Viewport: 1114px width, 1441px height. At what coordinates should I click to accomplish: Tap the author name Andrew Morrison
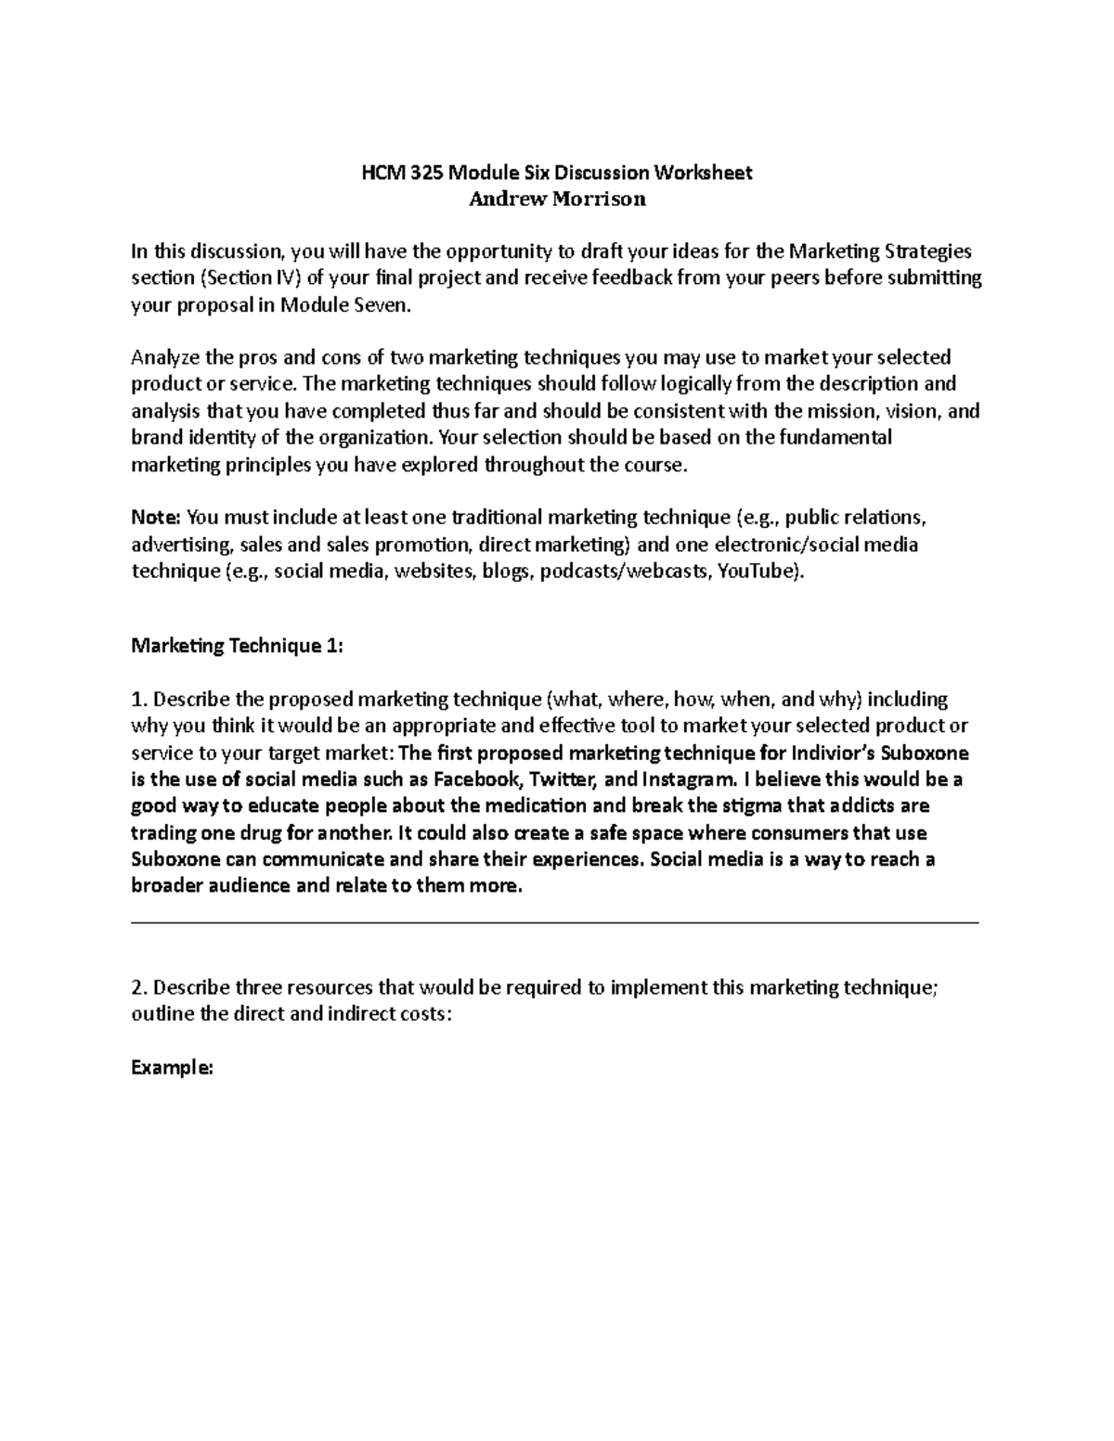[557, 199]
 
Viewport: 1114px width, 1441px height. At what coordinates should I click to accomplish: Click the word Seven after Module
[380, 305]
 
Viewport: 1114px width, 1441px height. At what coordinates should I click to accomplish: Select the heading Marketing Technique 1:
[237, 646]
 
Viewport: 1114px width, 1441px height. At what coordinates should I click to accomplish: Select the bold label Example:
[172, 1068]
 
